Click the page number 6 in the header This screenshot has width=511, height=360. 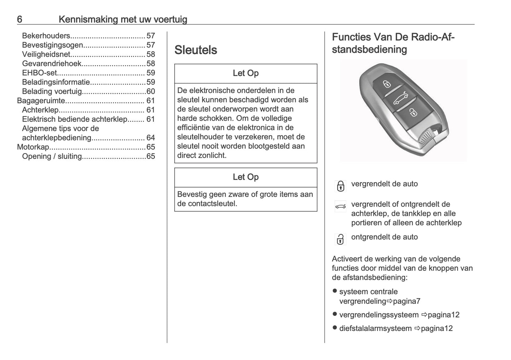click(20, 19)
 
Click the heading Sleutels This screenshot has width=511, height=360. click(196, 50)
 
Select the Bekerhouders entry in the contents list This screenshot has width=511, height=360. click(46, 36)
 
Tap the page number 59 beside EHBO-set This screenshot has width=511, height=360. click(151, 73)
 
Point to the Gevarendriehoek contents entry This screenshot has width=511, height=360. click(52, 64)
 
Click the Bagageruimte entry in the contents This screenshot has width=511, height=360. click(41, 101)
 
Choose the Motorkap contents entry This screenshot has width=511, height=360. click(33, 147)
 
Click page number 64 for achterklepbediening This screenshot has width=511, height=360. click(151, 138)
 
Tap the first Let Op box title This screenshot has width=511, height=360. click(245, 73)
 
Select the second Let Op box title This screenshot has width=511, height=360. click(245, 177)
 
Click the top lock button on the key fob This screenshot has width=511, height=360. click(387, 84)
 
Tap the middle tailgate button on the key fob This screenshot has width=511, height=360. click(401, 98)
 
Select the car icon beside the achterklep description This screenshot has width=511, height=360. click(340, 206)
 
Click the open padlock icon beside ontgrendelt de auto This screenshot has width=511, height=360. click(340, 239)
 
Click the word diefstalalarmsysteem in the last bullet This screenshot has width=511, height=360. click(375, 328)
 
